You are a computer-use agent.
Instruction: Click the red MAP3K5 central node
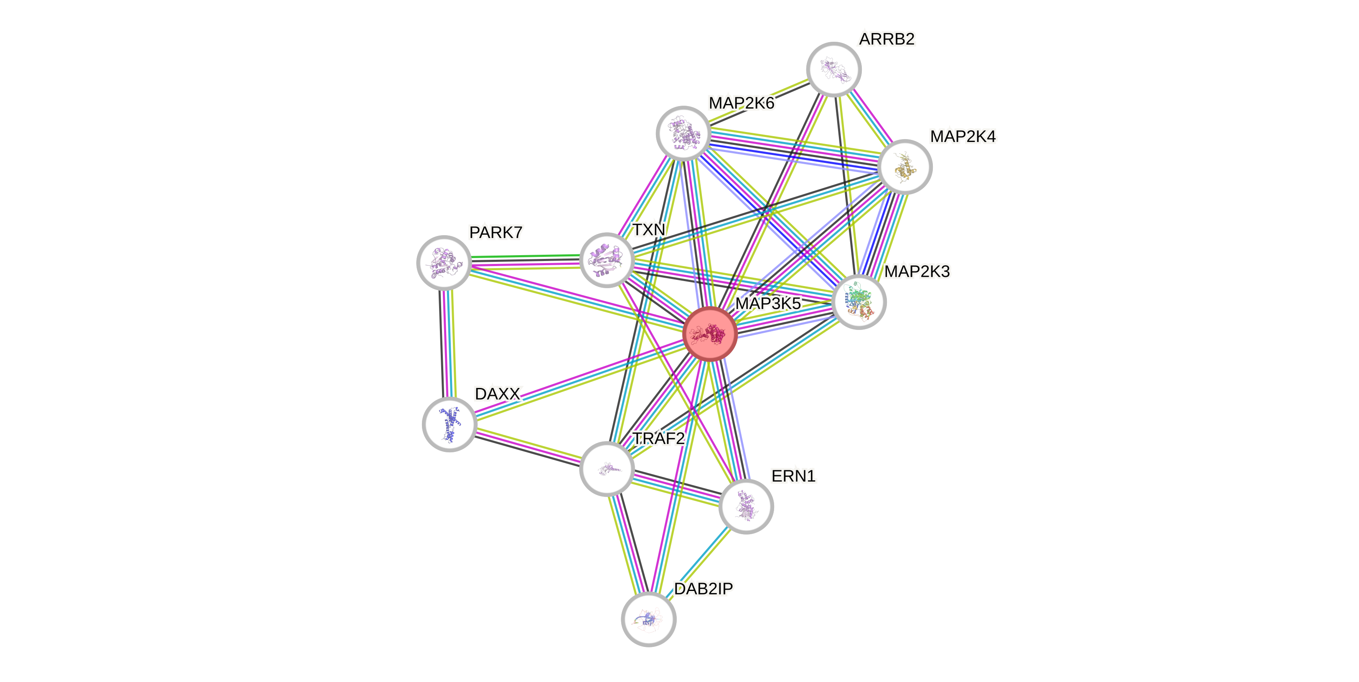coord(709,334)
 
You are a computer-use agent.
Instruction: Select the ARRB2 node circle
coord(833,69)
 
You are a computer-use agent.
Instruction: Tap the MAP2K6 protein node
coord(683,133)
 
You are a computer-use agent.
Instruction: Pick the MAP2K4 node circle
coord(905,167)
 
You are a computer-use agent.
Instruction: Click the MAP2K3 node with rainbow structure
coord(859,302)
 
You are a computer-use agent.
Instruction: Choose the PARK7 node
coord(444,262)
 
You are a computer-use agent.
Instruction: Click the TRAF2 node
coord(606,469)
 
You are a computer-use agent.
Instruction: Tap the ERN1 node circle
coord(745,506)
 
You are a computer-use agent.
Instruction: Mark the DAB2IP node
coord(648,619)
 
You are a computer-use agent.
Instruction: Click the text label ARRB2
coord(887,39)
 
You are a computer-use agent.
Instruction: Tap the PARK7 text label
coord(495,232)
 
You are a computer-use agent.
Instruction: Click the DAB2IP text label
coord(703,588)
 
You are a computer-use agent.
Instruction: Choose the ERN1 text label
coord(793,476)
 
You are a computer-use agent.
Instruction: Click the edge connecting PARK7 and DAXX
coord(447,343)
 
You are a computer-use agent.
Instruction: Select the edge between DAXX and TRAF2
coord(528,446)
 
